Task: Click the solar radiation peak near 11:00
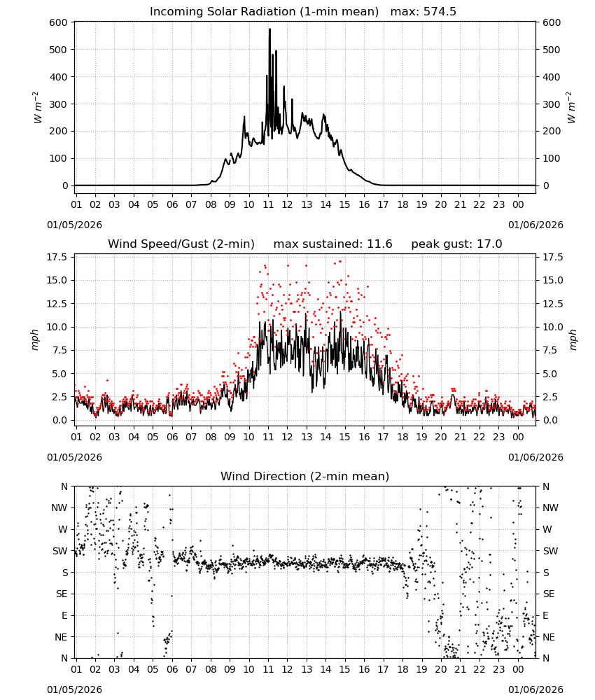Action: (x=269, y=29)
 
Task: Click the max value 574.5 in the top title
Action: (x=440, y=11)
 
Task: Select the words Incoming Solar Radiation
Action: (x=223, y=11)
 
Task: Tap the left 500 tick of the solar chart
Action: (x=59, y=50)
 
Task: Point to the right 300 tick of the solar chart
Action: (x=552, y=104)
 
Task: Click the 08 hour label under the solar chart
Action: (x=211, y=204)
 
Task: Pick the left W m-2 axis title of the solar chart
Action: (x=38, y=108)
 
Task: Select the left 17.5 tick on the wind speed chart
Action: (x=57, y=257)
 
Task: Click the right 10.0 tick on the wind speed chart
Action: (x=552, y=327)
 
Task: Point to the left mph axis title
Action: (x=35, y=339)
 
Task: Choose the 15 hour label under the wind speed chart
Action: (x=345, y=437)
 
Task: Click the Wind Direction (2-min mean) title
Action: (x=305, y=476)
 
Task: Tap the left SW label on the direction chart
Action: (x=60, y=551)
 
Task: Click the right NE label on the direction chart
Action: (x=549, y=637)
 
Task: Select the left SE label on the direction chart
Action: (x=62, y=594)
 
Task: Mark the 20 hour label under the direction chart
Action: (x=441, y=668)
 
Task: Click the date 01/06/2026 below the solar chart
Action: (x=535, y=225)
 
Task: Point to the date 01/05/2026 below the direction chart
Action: (x=74, y=689)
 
